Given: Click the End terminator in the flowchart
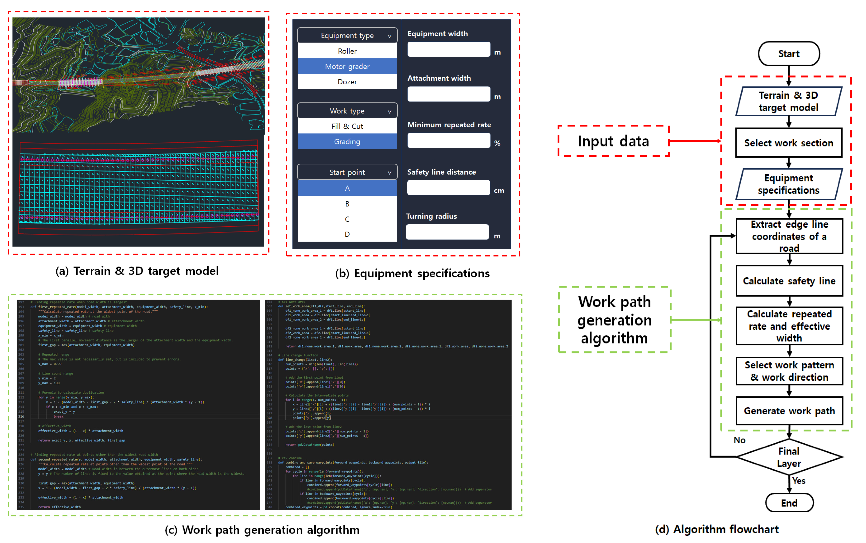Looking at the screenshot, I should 789,503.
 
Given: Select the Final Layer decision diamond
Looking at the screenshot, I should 789,457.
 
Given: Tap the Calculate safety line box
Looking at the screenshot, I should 789,281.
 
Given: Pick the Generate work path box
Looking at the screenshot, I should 789,411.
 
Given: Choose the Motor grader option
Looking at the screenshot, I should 347,66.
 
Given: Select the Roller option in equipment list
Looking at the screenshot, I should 347,51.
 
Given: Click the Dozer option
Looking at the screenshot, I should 347,82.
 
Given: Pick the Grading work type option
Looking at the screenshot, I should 347,141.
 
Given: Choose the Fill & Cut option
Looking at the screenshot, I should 347,126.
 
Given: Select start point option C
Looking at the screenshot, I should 347,219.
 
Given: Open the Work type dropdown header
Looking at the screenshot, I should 347,111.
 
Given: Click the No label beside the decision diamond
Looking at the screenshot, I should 739,440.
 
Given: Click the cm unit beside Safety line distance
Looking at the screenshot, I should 499,191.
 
